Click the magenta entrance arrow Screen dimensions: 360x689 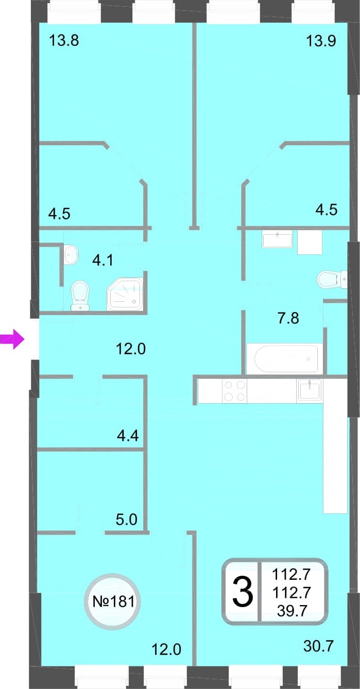[12, 339]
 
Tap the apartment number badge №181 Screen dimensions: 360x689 [113, 601]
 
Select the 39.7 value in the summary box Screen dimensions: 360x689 [292, 610]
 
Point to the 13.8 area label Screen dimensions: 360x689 [64, 40]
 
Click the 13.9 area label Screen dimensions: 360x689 [321, 40]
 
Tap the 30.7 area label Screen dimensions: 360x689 [318, 646]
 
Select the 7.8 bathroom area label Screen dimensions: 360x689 [288, 318]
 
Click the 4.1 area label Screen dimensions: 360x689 [103, 261]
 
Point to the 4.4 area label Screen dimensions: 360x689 [128, 436]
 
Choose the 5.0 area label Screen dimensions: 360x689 [127, 520]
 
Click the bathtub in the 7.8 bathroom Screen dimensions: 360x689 [286, 359]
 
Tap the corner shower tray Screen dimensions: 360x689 [125, 294]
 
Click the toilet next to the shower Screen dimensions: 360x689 [80, 296]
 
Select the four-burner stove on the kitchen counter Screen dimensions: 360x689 [235, 391]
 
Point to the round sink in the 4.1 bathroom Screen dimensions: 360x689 [71, 254]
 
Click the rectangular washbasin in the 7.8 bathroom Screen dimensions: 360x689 [277, 240]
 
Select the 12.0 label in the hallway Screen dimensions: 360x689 [131, 349]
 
